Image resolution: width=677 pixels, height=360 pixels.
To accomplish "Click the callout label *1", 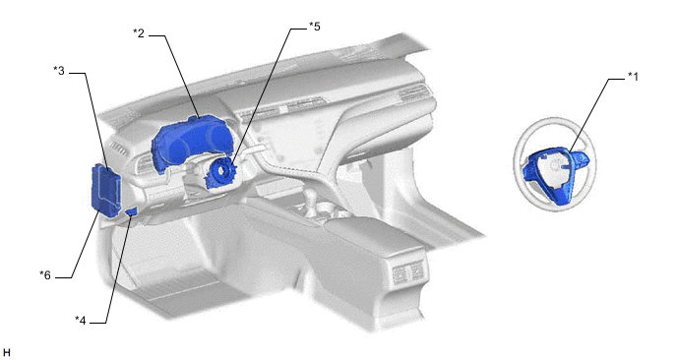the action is click(x=633, y=77).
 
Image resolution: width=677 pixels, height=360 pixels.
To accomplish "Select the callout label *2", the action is click(x=139, y=33).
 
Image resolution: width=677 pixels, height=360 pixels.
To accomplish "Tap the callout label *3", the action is click(x=59, y=71).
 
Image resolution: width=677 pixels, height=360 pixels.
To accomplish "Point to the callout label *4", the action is click(x=81, y=321).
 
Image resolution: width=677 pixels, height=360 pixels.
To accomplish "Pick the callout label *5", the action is click(x=314, y=27).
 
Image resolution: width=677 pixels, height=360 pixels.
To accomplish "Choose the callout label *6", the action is click(x=45, y=275).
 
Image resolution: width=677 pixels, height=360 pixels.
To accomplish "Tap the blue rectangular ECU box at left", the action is click(x=105, y=190).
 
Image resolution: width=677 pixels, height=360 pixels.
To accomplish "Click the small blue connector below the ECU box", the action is click(x=132, y=211).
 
